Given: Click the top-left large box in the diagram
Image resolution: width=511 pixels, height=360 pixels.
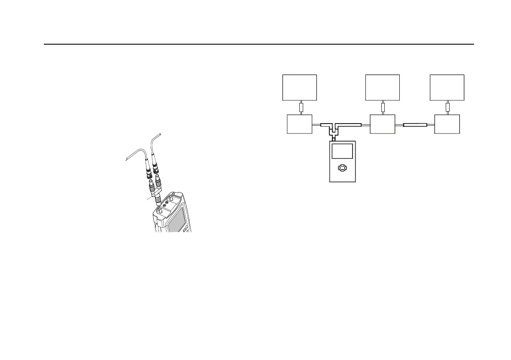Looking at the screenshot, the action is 299,87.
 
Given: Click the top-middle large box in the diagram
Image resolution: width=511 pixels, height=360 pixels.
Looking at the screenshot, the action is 382,87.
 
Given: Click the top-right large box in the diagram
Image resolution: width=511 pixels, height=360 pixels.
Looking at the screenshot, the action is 447,87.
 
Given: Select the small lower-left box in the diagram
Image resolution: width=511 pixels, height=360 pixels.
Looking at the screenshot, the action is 299,124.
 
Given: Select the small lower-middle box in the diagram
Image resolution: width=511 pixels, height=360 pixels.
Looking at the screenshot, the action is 382,124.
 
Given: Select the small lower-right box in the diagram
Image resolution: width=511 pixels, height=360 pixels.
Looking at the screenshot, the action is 447,124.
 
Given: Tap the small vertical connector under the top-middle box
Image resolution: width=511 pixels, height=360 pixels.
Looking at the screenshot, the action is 383,107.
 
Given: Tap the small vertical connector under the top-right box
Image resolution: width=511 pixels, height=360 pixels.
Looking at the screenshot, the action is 447,107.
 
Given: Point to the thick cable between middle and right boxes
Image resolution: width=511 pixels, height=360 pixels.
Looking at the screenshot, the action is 415,125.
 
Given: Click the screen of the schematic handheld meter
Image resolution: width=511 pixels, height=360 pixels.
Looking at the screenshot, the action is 342,152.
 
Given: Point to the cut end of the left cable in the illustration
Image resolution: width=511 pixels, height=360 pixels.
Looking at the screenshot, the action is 125,160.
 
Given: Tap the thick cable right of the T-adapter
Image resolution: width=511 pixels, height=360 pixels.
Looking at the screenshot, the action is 351,125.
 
